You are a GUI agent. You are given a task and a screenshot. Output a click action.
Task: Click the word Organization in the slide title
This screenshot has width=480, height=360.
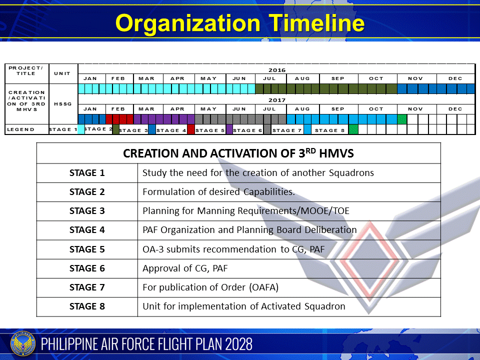click(x=188, y=23)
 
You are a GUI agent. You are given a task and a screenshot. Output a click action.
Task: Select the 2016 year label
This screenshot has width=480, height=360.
click(x=276, y=70)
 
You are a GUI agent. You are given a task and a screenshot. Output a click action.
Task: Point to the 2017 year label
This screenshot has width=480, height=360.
click(x=276, y=100)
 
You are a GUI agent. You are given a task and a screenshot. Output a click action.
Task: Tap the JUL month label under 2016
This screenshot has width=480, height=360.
click(x=269, y=78)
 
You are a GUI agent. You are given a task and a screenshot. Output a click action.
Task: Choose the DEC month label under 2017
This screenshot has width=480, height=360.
click(x=455, y=109)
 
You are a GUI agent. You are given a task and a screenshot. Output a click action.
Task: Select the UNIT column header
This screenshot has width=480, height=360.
click(x=62, y=73)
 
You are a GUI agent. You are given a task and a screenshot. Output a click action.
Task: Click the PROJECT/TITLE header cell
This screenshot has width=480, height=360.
click(x=26, y=70)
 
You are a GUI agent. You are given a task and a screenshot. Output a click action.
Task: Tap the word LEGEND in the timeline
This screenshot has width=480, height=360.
click(x=21, y=129)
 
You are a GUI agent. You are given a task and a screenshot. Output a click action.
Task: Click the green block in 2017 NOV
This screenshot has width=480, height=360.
click(x=402, y=119)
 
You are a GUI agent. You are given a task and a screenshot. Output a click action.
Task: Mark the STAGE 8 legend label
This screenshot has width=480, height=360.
click(x=329, y=130)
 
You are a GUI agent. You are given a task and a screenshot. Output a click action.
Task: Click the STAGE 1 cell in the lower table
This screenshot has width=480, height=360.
click(x=87, y=173)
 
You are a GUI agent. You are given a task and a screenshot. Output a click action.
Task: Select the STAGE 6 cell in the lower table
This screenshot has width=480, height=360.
click(x=87, y=268)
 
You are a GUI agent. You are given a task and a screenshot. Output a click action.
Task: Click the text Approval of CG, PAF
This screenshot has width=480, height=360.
click(x=185, y=268)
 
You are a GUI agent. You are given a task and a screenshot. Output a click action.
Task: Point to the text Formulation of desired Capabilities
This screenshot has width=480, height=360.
click(x=218, y=192)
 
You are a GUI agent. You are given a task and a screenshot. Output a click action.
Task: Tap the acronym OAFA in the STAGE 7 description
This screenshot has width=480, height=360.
click(x=265, y=287)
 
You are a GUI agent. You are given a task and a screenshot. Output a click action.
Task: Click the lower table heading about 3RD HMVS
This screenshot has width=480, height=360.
click(x=238, y=153)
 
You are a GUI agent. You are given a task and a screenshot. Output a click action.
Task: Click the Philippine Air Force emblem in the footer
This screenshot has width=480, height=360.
click(x=22, y=344)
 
